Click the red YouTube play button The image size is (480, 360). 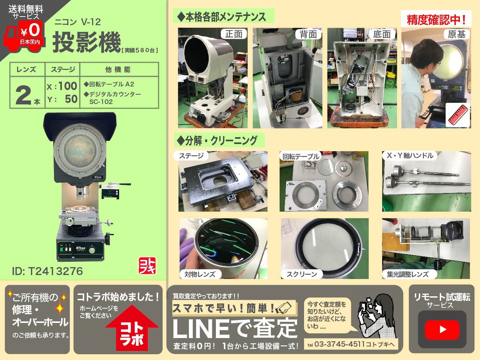pos(442,330)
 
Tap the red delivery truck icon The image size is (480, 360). pos(24,36)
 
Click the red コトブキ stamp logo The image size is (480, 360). pos(147,265)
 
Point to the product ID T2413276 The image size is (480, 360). pos(47,271)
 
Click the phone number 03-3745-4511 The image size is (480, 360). pos(339,344)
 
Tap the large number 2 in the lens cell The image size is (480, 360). pos(23,95)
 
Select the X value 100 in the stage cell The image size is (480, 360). pos(68,86)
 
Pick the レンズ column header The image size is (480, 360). pos(26,69)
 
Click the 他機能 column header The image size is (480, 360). pos(118,69)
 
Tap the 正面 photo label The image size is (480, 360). pos(234,34)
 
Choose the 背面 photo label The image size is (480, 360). pos(308,34)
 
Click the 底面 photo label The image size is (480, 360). pos(382,34)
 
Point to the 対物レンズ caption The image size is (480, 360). pos(200,274)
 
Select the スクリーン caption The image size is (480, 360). pos(302,274)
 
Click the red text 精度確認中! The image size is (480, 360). pos(436,20)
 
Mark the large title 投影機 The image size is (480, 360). pos(87,42)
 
